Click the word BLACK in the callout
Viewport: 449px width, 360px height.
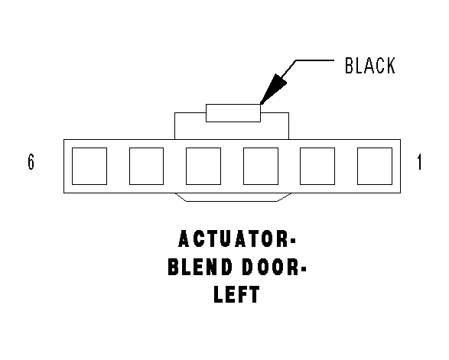tap(370, 66)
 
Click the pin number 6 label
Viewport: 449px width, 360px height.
tap(31, 162)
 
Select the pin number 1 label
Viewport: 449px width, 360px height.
tap(419, 162)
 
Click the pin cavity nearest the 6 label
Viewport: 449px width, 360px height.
tap(89, 167)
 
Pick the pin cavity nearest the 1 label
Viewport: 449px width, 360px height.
tap(375, 167)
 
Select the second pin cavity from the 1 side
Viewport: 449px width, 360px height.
tap(317, 167)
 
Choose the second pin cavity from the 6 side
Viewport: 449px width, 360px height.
tap(146, 167)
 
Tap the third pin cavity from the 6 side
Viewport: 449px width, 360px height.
tap(203, 167)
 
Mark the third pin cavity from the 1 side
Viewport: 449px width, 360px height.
tap(261, 167)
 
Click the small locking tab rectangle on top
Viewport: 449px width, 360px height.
tap(233, 113)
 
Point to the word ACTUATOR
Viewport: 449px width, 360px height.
tap(233, 239)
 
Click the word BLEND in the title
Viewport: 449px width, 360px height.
tap(200, 267)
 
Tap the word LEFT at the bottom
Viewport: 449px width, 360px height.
tap(236, 294)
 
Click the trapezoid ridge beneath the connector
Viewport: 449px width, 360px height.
tap(233, 201)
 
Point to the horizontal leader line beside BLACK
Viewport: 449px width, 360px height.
tap(314, 60)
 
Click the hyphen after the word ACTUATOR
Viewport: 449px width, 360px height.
tap(293, 240)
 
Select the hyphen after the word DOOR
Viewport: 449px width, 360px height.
tap(304, 268)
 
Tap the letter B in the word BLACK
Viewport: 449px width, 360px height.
tap(349, 66)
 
